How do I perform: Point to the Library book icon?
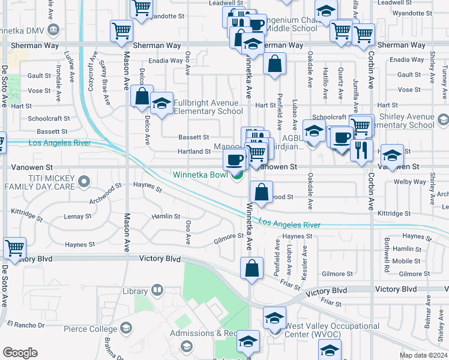[x=157, y=290]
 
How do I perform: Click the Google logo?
[x=20, y=353]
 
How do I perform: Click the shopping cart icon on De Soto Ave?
[x=14, y=247]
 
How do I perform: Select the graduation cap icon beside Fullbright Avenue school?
[x=161, y=104]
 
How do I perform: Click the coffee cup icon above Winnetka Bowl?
[x=234, y=160]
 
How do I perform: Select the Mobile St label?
[x=406, y=261]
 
